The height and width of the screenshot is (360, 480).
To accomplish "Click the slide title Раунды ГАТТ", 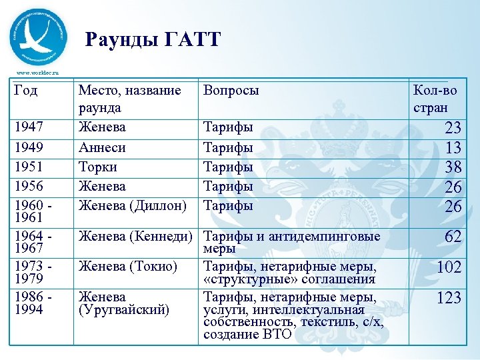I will click(153, 40).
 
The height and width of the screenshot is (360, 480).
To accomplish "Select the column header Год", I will click(27, 91).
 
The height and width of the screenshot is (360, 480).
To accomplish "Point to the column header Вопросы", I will click(231, 91).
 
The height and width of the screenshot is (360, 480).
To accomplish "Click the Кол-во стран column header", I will click(435, 99).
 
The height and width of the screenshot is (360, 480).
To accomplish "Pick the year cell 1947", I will click(31, 127).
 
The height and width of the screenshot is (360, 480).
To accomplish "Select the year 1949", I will click(31, 147).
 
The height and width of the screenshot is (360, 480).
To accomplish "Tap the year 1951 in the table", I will click(31, 167).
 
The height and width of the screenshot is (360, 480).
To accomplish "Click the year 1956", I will click(31, 186).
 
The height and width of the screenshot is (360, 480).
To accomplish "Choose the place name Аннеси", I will click(102, 147).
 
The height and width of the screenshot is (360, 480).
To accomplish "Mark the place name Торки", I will click(98, 167).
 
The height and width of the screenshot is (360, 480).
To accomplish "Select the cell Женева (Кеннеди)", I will click(135, 236).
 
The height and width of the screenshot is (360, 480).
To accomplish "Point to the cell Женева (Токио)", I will click(128, 267).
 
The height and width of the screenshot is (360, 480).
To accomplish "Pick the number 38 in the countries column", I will click(453, 167).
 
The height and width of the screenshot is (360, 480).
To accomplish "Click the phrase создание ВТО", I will click(247, 334).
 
